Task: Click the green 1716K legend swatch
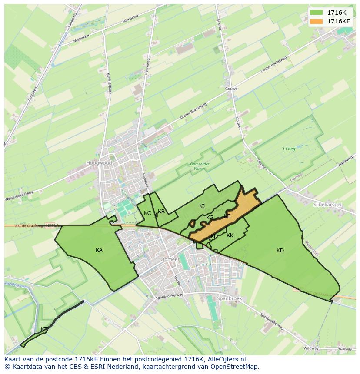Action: (317, 13)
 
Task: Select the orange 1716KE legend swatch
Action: (317, 21)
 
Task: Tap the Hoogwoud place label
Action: (99, 163)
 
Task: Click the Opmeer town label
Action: (170, 259)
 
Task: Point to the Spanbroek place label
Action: (230, 298)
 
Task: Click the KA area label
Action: (99, 250)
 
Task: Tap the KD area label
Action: (280, 251)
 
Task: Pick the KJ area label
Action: (202, 206)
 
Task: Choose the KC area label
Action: (147, 213)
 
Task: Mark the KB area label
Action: (161, 212)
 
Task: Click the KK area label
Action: (230, 235)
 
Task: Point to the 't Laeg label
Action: (289, 149)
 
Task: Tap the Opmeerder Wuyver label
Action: (200, 166)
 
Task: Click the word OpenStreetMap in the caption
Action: (237, 367)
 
